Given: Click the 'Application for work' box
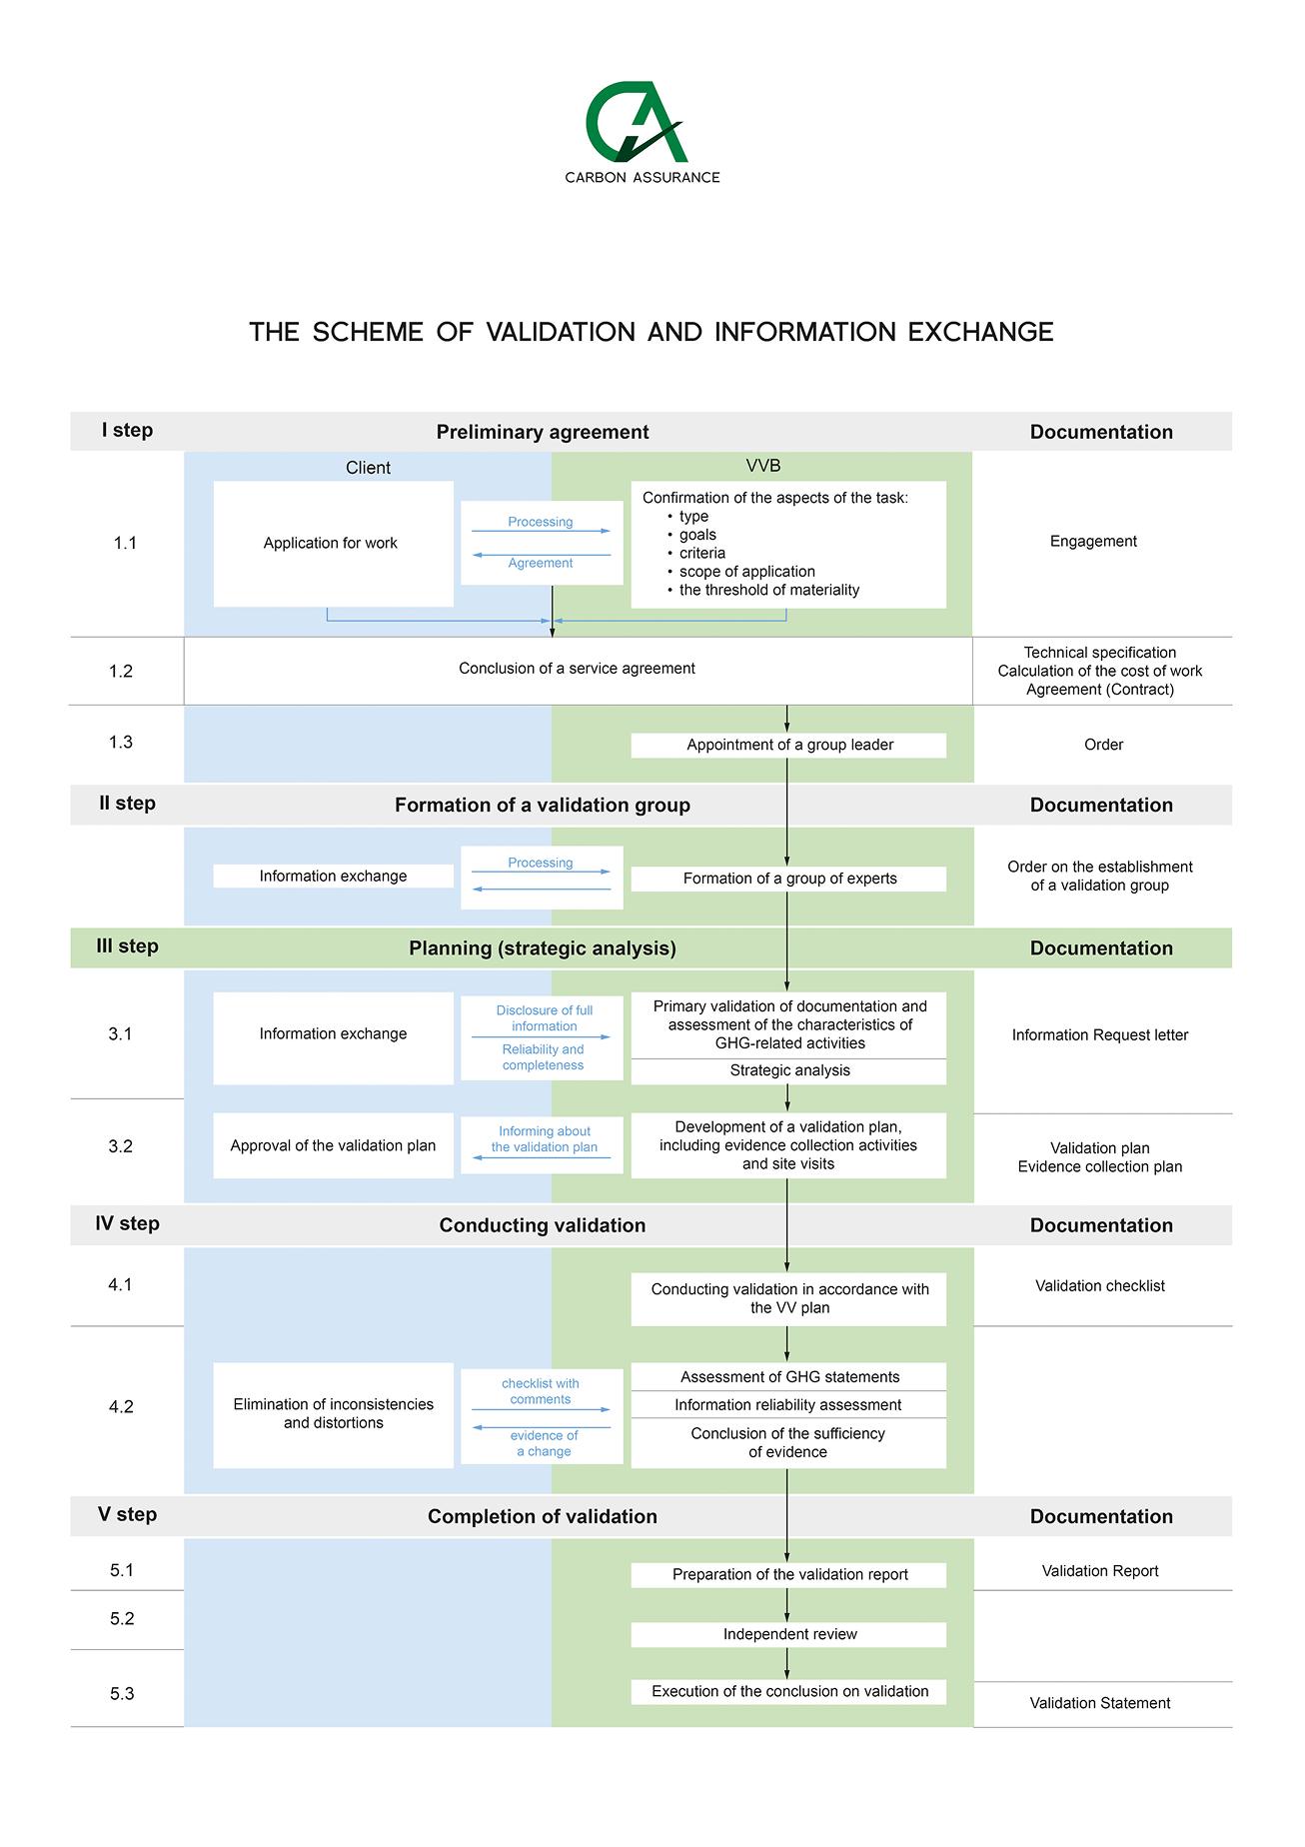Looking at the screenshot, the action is coord(333,544).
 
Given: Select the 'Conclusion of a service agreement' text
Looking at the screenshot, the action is coord(577,669).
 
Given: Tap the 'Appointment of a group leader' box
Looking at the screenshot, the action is coord(788,746).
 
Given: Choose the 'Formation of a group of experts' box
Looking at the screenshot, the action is coord(788,879).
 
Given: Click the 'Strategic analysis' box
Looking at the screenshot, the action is coord(788,1071).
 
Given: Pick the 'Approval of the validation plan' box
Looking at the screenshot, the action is coord(333,1145).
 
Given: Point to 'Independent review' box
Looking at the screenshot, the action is coord(788,1634).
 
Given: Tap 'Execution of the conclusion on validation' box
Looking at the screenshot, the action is coord(788,1691).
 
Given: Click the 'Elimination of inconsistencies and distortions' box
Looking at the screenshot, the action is coord(333,1415).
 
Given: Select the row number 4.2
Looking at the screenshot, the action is coord(121,1407).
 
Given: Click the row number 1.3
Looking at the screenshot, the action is coord(121,743).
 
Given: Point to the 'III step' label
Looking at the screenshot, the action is coord(127,946).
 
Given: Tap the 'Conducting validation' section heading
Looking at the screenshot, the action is coord(543,1225).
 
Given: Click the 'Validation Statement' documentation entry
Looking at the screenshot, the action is coord(1100,1703).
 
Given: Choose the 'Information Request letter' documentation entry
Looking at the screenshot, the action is coord(1100,1035).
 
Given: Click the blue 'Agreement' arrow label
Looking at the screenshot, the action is coord(541,564).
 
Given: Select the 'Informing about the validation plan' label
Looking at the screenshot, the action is coord(545,1139).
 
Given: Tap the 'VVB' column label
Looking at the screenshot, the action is coord(763,466).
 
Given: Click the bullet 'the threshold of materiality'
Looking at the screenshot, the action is coord(769,591).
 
